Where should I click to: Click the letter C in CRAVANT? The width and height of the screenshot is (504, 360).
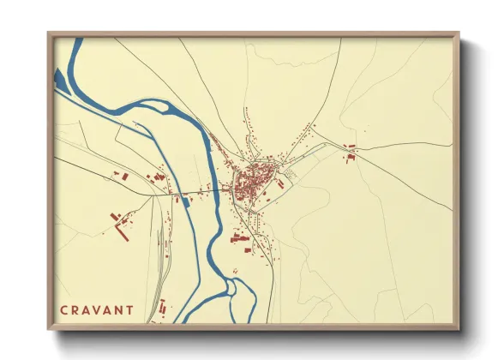[x=63, y=310]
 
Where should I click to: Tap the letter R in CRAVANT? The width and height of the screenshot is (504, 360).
[x=75, y=310]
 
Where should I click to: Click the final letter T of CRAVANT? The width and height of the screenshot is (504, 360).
[x=129, y=310]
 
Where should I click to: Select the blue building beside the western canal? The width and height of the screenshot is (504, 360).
[x=185, y=202]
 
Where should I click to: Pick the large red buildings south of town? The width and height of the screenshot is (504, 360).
[x=242, y=239]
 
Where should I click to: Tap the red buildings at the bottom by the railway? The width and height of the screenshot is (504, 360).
[x=162, y=306]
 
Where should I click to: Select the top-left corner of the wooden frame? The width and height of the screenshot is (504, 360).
[x=50, y=34]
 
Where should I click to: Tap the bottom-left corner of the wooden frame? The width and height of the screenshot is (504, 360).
[x=50, y=327]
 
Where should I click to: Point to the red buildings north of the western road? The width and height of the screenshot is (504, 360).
[x=159, y=177]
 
